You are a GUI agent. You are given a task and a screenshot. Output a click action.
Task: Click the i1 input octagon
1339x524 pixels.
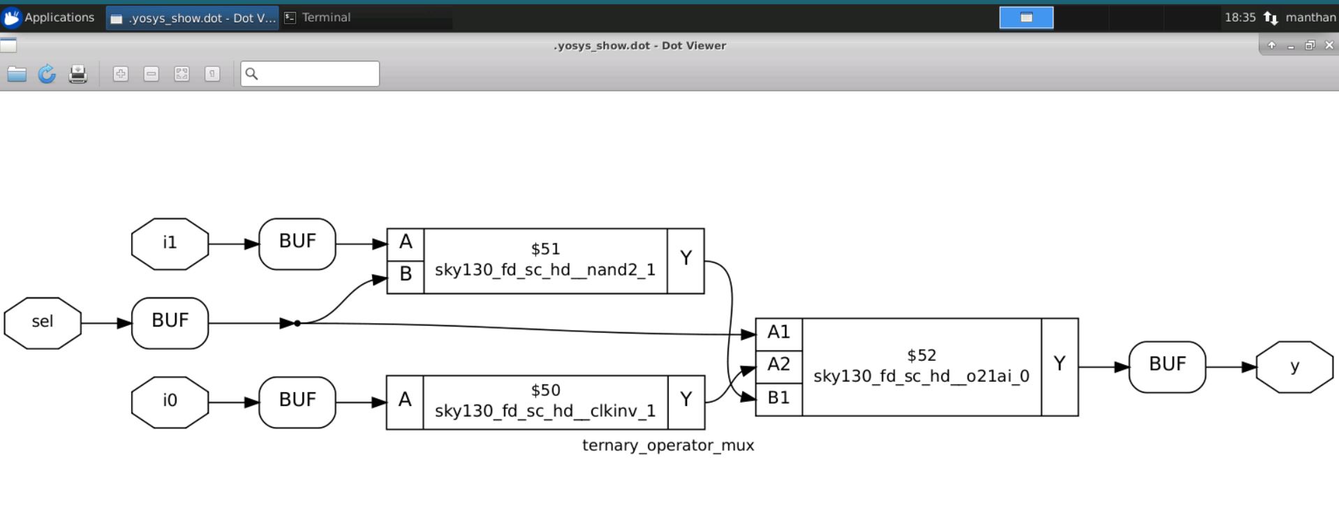click(170, 244)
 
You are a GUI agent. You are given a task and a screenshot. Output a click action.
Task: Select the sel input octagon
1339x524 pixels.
click(43, 323)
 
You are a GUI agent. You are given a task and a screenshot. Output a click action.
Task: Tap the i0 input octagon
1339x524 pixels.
click(170, 402)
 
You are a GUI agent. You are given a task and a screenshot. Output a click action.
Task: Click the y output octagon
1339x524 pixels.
click(1294, 367)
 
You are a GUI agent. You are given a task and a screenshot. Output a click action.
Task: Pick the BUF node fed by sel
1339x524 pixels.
click(170, 323)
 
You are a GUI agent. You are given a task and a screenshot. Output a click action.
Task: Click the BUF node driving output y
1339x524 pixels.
click(1167, 367)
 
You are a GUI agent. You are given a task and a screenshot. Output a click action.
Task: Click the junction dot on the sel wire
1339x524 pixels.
click(297, 323)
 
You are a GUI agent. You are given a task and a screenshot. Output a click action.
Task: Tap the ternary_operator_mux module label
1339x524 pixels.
click(668, 445)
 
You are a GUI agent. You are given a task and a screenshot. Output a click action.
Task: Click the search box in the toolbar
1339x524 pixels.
click(310, 74)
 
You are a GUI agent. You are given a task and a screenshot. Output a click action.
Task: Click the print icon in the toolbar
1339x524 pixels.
click(77, 74)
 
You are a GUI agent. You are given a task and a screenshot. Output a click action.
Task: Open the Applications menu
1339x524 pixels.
click(49, 17)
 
